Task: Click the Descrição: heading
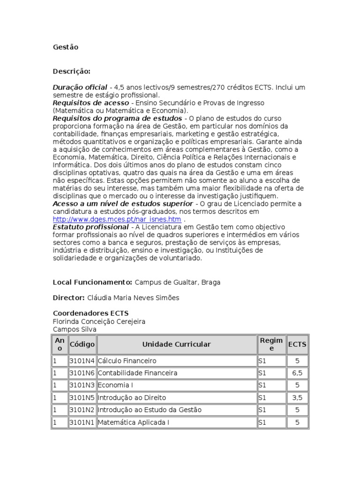(71, 71)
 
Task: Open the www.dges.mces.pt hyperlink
(117, 219)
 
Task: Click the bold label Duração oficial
(80, 87)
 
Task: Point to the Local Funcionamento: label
(92, 282)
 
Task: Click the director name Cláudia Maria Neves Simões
(133, 298)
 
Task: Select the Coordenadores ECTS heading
(90, 313)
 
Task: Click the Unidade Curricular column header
(176, 345)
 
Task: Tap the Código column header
(82, 345)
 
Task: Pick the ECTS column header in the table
(297, 345)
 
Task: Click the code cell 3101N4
(82, 361)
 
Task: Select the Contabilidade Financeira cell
(138, 373)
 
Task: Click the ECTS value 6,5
(297, 373)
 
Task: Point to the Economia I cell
(114, 385)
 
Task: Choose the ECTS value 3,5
(297, 397)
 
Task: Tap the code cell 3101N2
(82, 410)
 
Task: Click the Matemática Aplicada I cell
(134, 422)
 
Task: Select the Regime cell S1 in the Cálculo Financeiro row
(262, 361)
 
